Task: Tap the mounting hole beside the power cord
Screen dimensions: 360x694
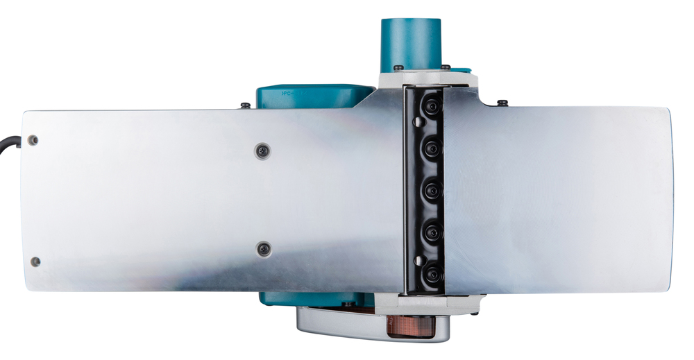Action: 33,140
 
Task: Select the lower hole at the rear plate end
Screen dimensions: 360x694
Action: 35,262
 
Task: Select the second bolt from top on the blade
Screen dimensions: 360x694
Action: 432,146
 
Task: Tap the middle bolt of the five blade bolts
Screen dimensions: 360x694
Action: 431,188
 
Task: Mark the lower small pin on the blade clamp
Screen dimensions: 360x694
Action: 417,260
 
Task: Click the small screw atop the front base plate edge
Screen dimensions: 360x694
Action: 502,103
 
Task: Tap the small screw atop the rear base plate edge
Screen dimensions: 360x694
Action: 246,105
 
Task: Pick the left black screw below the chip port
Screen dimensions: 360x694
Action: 398,67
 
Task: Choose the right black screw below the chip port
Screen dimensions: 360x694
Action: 445,67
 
